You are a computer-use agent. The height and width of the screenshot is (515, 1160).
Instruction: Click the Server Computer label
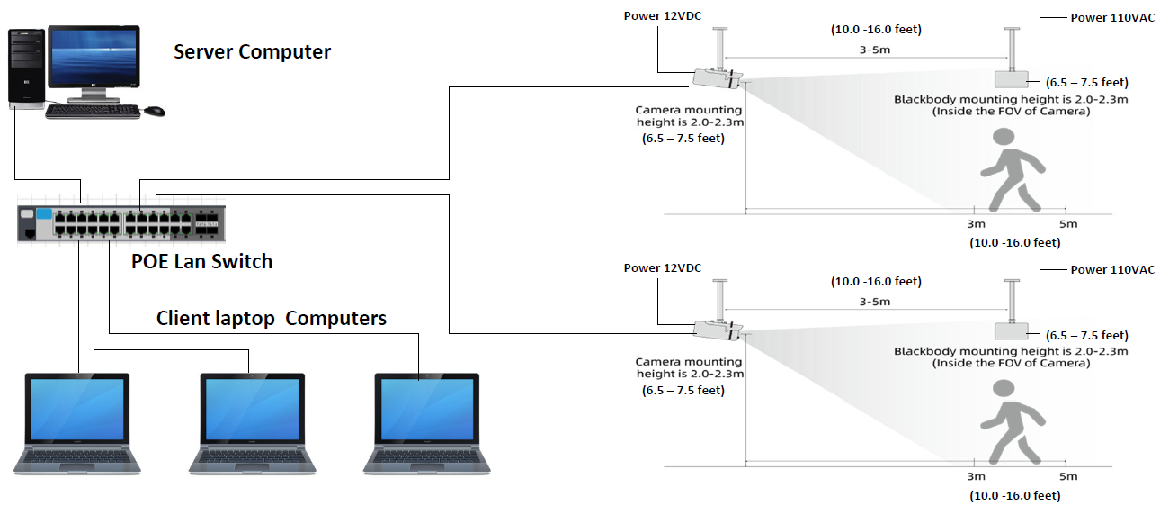(252, 52)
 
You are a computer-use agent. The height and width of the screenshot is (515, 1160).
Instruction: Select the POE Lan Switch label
(201, 262)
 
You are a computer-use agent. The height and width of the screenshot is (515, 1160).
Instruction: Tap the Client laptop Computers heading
(272, 318)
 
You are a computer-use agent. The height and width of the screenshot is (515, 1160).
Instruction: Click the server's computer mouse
(155, 111)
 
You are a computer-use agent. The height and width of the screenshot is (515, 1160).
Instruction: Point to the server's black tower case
(25, 68)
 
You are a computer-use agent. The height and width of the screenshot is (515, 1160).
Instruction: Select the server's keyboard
(93, 112)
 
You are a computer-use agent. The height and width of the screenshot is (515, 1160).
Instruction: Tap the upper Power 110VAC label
(1112, 17)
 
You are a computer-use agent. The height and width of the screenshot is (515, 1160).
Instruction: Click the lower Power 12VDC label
(663, 268)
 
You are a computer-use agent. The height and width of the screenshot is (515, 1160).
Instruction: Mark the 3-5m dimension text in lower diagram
(873, 302)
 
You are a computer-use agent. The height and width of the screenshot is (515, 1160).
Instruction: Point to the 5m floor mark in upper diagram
(1068, 224)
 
